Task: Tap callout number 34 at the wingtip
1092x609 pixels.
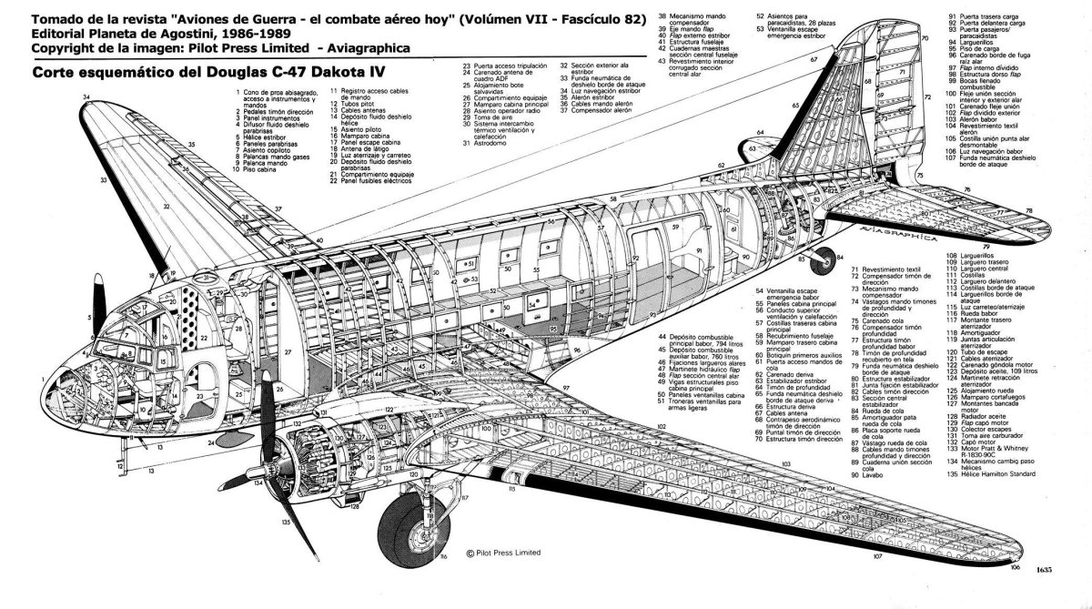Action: click(86, 96)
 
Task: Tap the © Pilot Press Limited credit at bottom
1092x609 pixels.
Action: click(501, 553)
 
